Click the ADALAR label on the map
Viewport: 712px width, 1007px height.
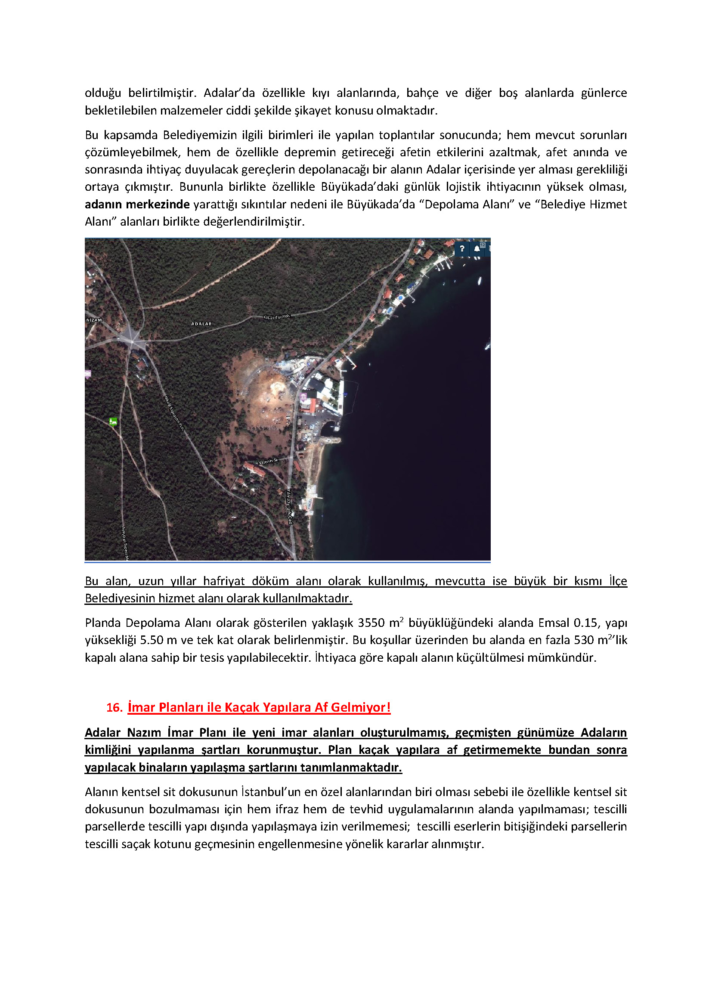pos(201,324)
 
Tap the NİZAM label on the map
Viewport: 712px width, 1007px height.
pos(94,320)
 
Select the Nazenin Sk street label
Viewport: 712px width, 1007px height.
pos(268,462)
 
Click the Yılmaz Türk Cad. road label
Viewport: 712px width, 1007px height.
pos(289,507)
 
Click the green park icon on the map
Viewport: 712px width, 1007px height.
pos(113,421)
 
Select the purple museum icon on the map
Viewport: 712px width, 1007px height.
pos(303,397)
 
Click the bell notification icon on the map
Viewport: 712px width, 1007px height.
pos(477,249)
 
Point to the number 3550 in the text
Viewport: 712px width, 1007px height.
pos(371,623)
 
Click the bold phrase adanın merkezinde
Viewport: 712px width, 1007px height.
pos(137,204)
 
